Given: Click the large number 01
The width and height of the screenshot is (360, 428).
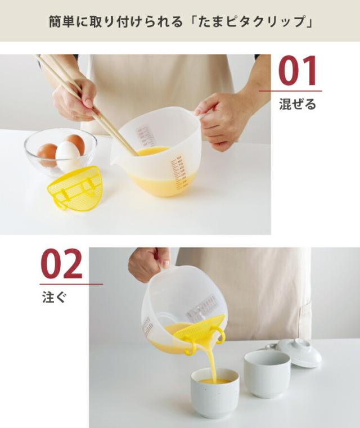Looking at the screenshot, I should point(298,71).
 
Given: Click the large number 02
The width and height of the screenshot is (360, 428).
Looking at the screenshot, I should point(61,264).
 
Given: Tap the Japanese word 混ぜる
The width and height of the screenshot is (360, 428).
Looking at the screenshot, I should point(298,105).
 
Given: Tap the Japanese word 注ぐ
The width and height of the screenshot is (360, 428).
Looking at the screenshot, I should point(54,297).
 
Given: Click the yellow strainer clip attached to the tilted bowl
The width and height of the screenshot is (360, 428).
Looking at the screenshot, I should point(200,334).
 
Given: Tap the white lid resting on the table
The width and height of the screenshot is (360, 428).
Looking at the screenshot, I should point(299,352).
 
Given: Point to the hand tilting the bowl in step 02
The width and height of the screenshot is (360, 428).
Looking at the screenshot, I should point(148,263).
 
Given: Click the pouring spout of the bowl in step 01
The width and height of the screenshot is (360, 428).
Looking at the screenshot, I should point(116,159).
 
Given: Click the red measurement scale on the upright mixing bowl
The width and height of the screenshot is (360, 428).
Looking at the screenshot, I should point(178,172).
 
